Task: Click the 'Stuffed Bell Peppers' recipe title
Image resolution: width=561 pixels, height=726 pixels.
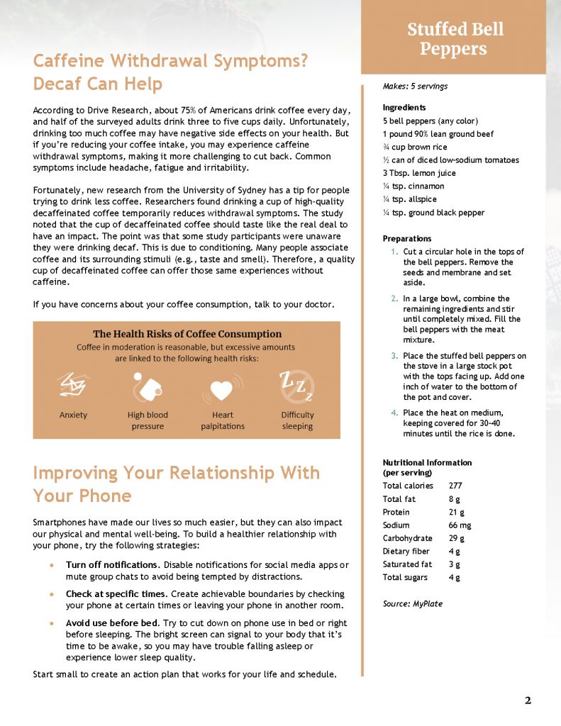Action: pyautogui.click(x=455, y=39)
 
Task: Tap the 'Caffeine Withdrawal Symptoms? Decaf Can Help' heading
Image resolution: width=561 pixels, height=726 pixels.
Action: pyautogui.click(x=170, y=72)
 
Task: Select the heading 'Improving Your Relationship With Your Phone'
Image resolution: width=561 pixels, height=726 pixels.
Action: pyautogui.click(x=176, y=484)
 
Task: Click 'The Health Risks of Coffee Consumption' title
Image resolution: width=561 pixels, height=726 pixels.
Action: pyautogui.click(x=187, y=333)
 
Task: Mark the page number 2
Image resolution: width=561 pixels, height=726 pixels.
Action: pyautogui.click(x=527, y=700)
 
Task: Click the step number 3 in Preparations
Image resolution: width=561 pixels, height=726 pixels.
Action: pyautogui.click(x=394, y=356)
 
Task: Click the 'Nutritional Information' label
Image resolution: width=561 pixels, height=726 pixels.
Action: pyautogui.click(x=427, y=462)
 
